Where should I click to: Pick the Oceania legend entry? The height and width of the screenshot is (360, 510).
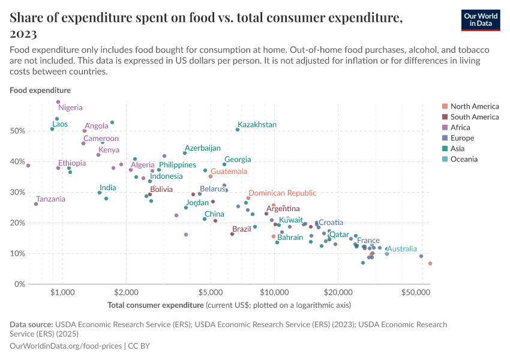(x=464, y=159)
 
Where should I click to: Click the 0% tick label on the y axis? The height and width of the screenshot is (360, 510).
(x=19, y=284)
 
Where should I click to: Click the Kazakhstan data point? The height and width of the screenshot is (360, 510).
(x=238, y=130)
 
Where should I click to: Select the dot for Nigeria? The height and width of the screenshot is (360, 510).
(x=58, y=102)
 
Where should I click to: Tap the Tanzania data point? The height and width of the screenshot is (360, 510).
(x=36, y=204)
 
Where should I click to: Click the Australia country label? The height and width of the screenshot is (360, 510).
(x=401, y=248)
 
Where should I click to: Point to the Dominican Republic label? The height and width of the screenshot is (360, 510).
(x=282, y=193)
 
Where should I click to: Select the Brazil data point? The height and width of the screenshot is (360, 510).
(x=232, y=234)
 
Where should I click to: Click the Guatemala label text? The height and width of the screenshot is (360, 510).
(x=228, y=172)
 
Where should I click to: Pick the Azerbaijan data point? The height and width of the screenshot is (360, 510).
(x=185, y=153)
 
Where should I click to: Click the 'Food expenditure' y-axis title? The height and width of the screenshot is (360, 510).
(x=40, y=90)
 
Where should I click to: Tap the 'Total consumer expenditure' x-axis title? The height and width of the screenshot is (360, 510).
(x=155, y=305)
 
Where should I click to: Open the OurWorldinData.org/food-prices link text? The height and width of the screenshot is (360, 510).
(x=65, y=346)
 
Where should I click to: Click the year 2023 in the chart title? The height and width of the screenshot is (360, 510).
(x=23, y=34)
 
